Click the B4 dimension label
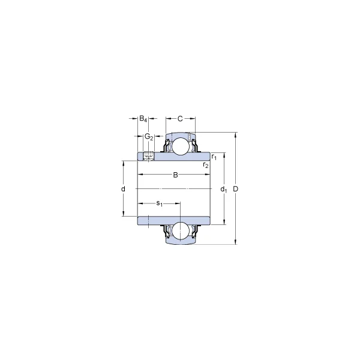(x=143, y=119)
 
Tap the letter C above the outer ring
(x=180, y=119)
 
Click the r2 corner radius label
(x=206, y=164)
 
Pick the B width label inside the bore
(x=175, y=175)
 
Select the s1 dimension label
(x=160, y=203)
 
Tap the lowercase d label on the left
(x=123, y=189)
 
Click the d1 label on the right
(x=223, y=189)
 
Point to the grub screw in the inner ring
(x=148, y=157)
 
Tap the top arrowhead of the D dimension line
(x=235, y=134)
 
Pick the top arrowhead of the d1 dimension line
(x=223, y=155)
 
